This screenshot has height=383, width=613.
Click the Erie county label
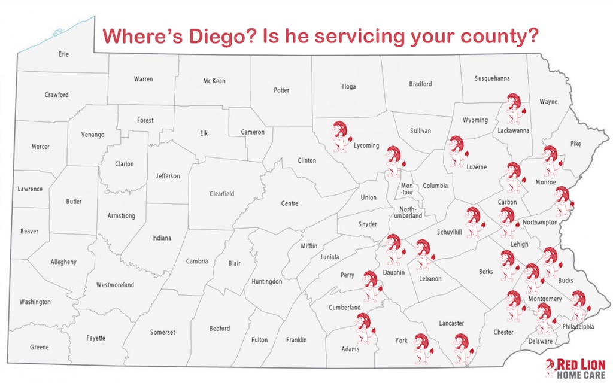coord(63,54)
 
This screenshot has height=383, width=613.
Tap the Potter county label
coord(281,90)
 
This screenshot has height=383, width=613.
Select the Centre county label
coord(290,204)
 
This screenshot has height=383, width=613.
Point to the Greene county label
coord(40,348)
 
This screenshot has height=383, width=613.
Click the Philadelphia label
coord(578,327)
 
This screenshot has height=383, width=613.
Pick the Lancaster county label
coord(451,323)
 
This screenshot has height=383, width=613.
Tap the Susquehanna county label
coord(492,78)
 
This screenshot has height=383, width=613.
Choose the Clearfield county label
coord(222,194)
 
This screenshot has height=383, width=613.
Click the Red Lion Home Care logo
coord(575,368)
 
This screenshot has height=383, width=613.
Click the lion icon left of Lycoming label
coord(341,136)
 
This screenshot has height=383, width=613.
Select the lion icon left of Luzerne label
coord(457,151)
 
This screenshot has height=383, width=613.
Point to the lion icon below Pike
coord(550,160)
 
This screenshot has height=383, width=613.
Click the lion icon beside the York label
coord(421,348)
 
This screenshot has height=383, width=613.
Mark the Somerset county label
coord(163,332)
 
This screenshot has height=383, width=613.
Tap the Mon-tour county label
coord(407,189)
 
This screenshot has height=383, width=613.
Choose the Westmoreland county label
coord(115,285)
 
